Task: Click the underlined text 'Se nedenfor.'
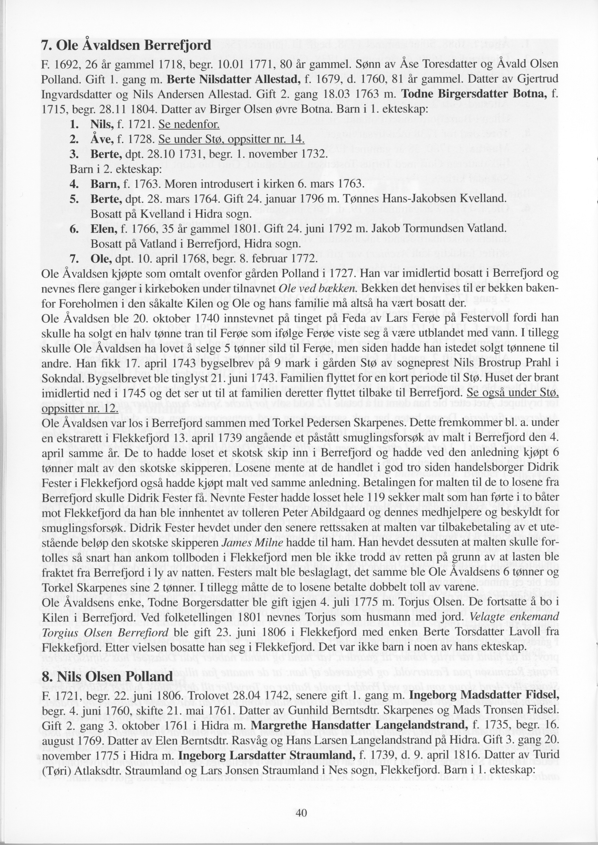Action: tap(189, 124)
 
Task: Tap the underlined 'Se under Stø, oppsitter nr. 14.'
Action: tap(231, 139)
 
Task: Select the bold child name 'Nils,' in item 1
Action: tap(102, 124)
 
